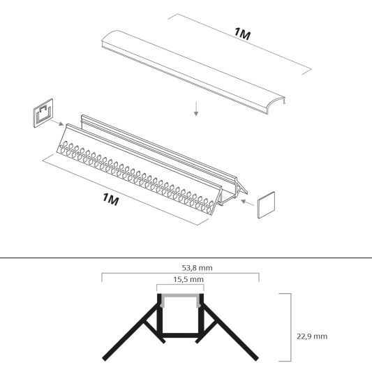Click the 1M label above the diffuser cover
(242, 34)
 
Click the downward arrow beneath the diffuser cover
(197, 108)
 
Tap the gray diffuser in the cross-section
(180, 297)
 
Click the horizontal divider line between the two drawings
(186, 258)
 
